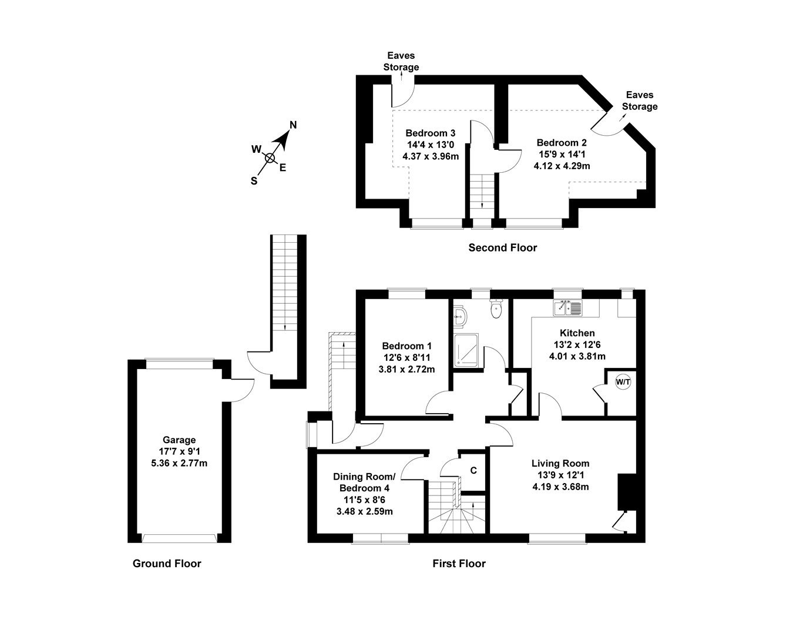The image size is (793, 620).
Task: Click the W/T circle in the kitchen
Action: [623, 382]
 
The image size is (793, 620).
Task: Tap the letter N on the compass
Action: [294, 125]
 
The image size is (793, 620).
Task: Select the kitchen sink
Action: [567, 307]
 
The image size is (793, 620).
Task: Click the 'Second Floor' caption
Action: [502, 248]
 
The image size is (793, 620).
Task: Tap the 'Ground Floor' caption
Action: [167, 564]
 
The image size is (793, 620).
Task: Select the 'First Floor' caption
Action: [459, 564]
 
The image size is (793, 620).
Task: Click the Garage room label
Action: [179, 440]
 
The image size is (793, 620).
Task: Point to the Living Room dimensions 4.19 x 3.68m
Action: [560, 487]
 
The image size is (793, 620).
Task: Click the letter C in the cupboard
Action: [473, 471]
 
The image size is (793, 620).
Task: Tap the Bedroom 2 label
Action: [562, 142]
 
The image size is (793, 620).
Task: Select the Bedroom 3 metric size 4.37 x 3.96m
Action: [431, 156]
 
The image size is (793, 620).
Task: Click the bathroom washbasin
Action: [460, 318]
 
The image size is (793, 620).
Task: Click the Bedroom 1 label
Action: [406, 346]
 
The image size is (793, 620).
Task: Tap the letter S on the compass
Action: [254, 181]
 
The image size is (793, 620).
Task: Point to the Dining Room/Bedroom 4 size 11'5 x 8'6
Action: [364, 500]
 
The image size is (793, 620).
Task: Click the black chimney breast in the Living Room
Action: [624, 491]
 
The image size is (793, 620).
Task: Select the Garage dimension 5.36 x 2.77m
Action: [179, 463]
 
